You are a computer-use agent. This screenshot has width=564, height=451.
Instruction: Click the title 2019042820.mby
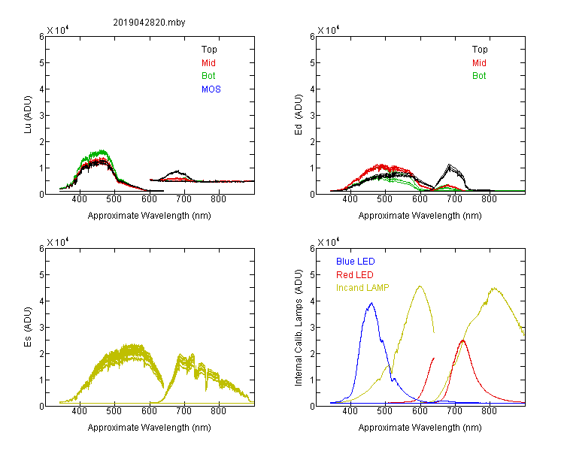point(149,23)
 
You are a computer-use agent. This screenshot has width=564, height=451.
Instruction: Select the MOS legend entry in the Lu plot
point(211,89)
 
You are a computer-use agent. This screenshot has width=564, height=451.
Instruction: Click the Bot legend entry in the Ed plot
point(479,76)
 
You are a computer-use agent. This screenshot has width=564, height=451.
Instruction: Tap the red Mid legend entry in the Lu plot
point(208,63)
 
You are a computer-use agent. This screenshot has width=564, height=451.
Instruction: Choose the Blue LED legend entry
point(356,262)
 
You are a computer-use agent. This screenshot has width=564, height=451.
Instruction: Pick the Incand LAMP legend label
point(362,288)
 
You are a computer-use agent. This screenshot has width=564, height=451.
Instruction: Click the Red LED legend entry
point(355,275)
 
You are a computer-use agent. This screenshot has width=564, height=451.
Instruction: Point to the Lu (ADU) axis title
point(28,115)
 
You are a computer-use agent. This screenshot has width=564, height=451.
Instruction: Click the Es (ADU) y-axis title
point(28,327)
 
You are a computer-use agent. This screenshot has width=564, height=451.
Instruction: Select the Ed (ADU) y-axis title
point(299,115)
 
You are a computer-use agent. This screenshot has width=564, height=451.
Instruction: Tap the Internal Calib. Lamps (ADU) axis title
point(299,328)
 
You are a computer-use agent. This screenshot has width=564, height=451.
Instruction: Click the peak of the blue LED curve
point(371,303)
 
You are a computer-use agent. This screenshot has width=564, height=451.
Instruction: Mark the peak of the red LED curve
point(463,341)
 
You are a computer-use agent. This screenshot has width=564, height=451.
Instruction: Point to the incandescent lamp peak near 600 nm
point(420,286)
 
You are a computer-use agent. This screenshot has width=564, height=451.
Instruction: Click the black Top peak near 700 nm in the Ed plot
point(449,165)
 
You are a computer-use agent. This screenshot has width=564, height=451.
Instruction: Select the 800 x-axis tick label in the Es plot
point(218,410)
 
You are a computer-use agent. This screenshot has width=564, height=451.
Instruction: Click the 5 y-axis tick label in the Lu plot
point(41,62)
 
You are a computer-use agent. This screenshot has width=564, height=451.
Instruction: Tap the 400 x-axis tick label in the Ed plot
point(350,199)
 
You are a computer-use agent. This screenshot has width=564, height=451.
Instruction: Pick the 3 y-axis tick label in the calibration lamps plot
point(312,327)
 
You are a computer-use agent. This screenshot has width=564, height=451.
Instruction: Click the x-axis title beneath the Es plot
point(149,428)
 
